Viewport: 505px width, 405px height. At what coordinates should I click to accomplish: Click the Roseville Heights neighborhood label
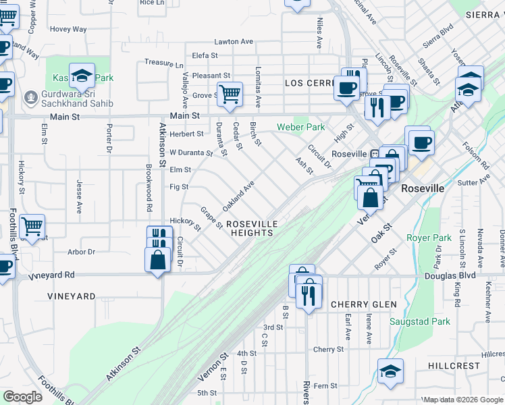(251, 228)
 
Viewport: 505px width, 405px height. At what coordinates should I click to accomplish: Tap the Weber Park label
(300, 127)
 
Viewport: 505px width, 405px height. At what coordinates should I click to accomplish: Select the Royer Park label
(429, 238)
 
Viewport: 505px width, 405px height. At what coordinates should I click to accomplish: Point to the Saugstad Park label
(423, 322)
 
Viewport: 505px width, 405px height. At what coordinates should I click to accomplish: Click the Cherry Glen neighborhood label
(363, 304)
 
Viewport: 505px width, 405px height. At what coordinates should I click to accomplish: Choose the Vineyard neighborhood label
(72, 296)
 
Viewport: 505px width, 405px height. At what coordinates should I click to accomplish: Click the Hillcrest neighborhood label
(454, 365)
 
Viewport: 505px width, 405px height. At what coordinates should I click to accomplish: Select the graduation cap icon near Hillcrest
(390, 371)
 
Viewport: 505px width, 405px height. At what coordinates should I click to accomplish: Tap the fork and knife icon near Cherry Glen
(309, 294)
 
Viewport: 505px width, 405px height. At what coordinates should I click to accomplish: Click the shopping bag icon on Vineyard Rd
(157, 259)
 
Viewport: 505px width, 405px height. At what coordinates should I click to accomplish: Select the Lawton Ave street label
(234, 42)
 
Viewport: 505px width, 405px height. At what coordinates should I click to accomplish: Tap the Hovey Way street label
(68, 29)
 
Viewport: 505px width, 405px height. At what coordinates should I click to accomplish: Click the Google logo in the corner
(22, 397)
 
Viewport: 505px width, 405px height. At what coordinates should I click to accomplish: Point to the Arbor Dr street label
(82, 252)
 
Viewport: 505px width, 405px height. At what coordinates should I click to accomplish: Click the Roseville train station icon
(375, 153)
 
